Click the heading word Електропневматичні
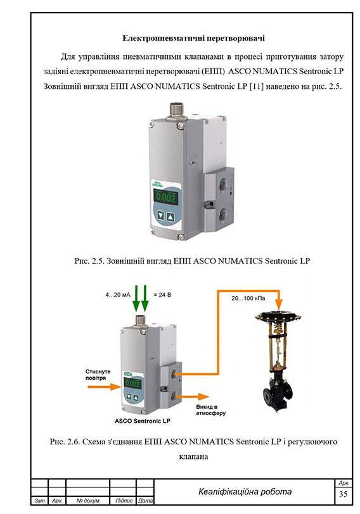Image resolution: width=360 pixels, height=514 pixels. click(157, 38)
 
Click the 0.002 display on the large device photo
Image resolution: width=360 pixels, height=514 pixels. click(166, 197)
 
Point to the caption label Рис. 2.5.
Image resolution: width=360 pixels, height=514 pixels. click(89, 261)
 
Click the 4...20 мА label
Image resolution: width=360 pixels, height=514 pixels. click(118, 295)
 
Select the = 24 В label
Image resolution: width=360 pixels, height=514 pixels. click(162, 295)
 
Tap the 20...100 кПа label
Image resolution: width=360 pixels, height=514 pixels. click(248, 299)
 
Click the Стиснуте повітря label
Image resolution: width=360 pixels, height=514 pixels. click(98, 375)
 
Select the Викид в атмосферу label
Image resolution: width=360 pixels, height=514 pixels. click(211, 410)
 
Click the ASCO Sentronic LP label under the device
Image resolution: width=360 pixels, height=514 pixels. click(143, 421)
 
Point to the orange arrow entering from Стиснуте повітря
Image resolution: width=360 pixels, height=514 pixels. click(105, 387)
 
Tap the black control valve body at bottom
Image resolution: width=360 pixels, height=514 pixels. click(278, 390)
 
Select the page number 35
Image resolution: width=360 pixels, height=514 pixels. click(344, 494)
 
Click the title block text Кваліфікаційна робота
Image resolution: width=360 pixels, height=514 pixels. click(245, 492)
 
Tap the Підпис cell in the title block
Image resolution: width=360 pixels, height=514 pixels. click(124, 501)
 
